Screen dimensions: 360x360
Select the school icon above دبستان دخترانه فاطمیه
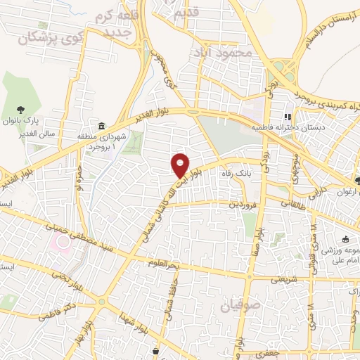point(287,117)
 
